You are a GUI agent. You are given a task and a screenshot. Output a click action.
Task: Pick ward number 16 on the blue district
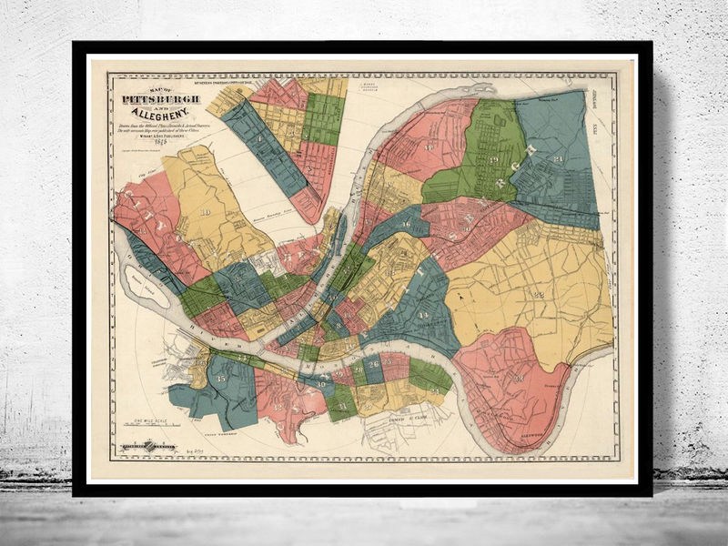point(405,223)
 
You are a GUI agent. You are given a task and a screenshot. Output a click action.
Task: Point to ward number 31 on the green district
point(342,400)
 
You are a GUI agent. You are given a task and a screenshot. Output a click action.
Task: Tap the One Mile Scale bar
point(154,424)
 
